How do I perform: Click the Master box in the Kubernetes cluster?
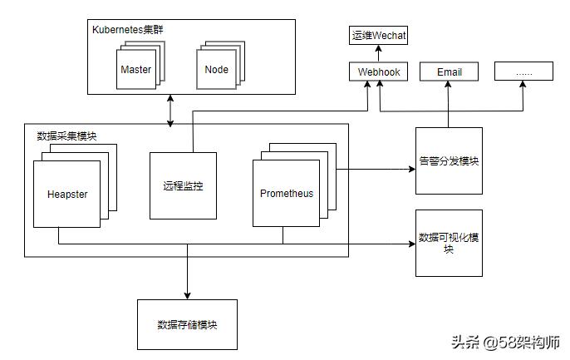coord(135,70)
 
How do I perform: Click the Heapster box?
coord(67,195)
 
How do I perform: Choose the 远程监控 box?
coord(183,186)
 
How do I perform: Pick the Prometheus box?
coord(287,194)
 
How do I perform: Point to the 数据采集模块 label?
coord(66,136)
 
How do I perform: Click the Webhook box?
coord(379,72)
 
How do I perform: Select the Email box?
coord(449,72)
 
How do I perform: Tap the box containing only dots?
coord(523,72)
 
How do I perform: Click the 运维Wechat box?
coord(379,36)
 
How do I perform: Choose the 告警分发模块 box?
coord(449,161)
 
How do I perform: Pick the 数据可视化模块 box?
coord(449,243)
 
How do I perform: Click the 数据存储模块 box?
coord(187,324)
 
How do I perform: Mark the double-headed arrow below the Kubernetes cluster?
coord(171,111)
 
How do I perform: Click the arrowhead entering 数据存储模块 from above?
coord(187,294)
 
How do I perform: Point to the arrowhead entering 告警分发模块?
coord(410,169)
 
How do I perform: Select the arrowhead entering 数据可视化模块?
coord(410,244)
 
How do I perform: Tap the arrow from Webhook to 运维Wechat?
coord(379,54)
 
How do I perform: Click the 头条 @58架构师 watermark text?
coord(505,342)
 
